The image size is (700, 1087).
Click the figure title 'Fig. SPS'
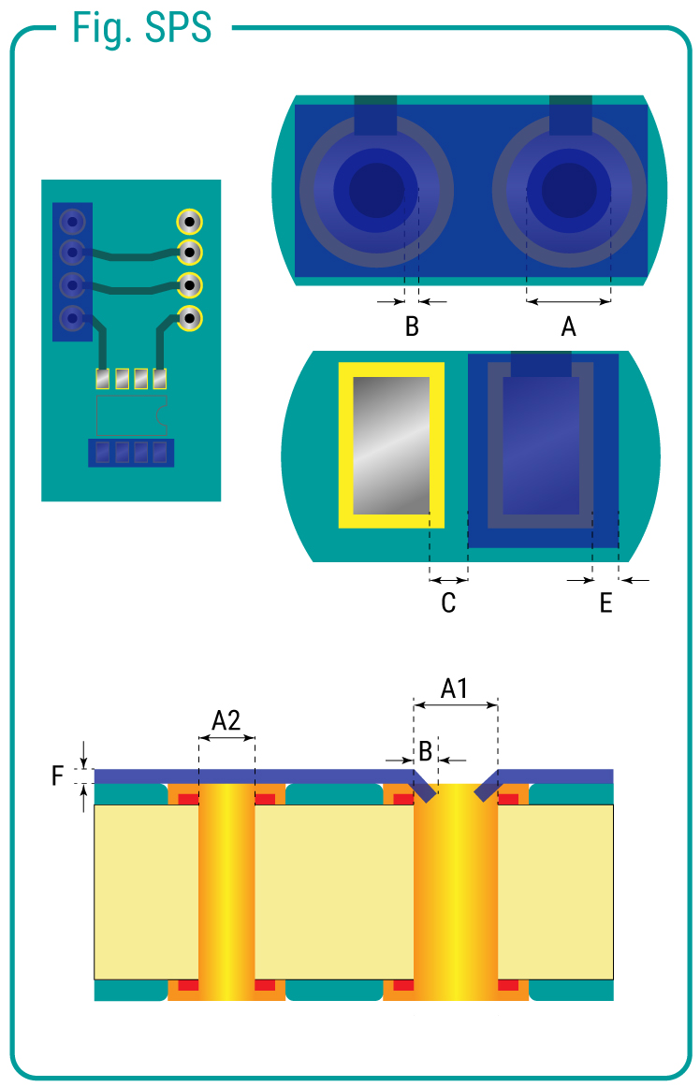coord(142,28)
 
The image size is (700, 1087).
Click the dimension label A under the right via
coord(568,327)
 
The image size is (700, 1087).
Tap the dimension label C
coord(448,603)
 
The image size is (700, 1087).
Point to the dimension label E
coord(606,603)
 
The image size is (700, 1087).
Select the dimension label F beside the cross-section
coord(58,775)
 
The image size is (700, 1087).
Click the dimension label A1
coord(455,689)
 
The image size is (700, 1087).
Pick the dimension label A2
coord(226,720)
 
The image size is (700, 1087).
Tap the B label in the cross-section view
coord(425,750)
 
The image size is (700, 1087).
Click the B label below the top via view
coord(412,327)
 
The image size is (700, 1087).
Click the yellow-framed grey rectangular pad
coord(390,444)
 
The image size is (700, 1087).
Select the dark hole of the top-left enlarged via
coord(376,190)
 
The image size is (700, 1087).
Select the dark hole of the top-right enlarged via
coord(569,190)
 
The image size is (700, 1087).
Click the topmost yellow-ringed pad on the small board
coord(190,223)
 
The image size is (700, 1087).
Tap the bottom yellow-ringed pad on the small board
coord(190,318)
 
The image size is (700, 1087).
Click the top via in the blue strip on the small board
coord(71,223)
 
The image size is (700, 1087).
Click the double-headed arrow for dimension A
coord(568,302)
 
